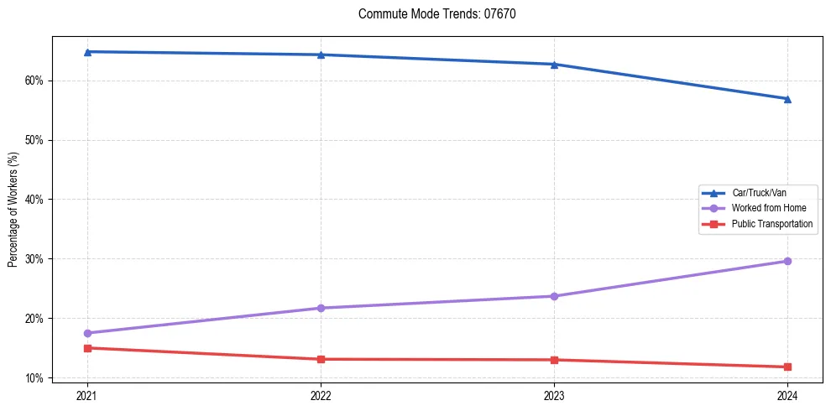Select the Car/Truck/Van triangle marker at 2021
point(87,52)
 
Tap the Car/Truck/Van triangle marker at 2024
point(787,99)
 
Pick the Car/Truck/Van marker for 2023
point(554,65)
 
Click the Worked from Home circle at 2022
point(321,308)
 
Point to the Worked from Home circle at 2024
point(787,261)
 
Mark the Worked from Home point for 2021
point(87,333)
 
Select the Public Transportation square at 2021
point(87,348)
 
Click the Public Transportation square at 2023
point(554,360)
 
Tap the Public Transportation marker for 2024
point(787,367)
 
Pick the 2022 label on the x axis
point(321,395)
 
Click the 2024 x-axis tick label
point(787,395)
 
